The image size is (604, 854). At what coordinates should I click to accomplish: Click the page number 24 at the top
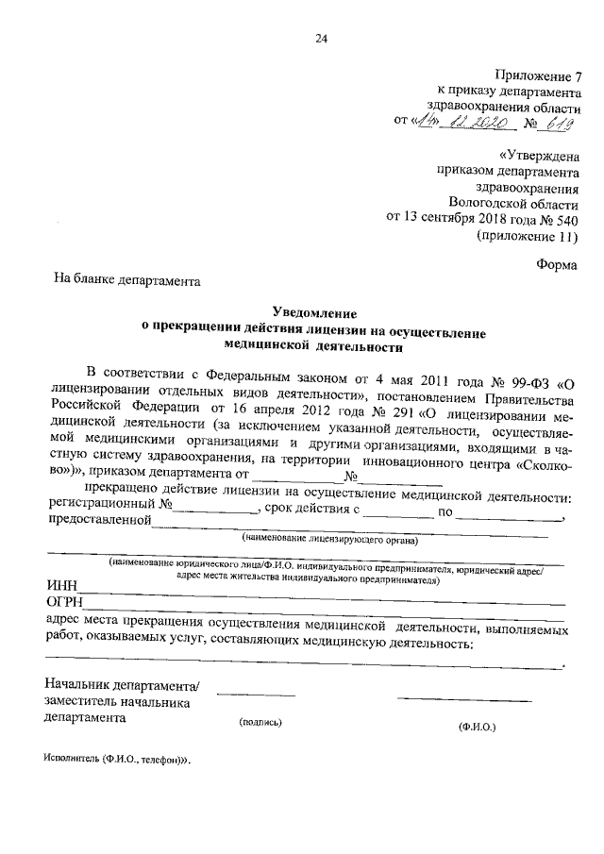pyautogui.click(x=320, y=39)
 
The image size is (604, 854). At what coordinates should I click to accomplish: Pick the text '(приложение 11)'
pyautogui.click(x=528, y=236)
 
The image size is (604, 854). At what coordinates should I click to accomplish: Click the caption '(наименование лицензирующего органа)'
pyautogui.click(x=330, y=540)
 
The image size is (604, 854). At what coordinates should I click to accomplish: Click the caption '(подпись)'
pyautogui.click(x=261, y=722)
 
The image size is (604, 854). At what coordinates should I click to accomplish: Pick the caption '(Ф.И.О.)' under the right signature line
pyautogui.click(x=477, y=726)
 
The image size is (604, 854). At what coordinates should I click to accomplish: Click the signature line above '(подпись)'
pyautogui.click(x=256, y=695)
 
